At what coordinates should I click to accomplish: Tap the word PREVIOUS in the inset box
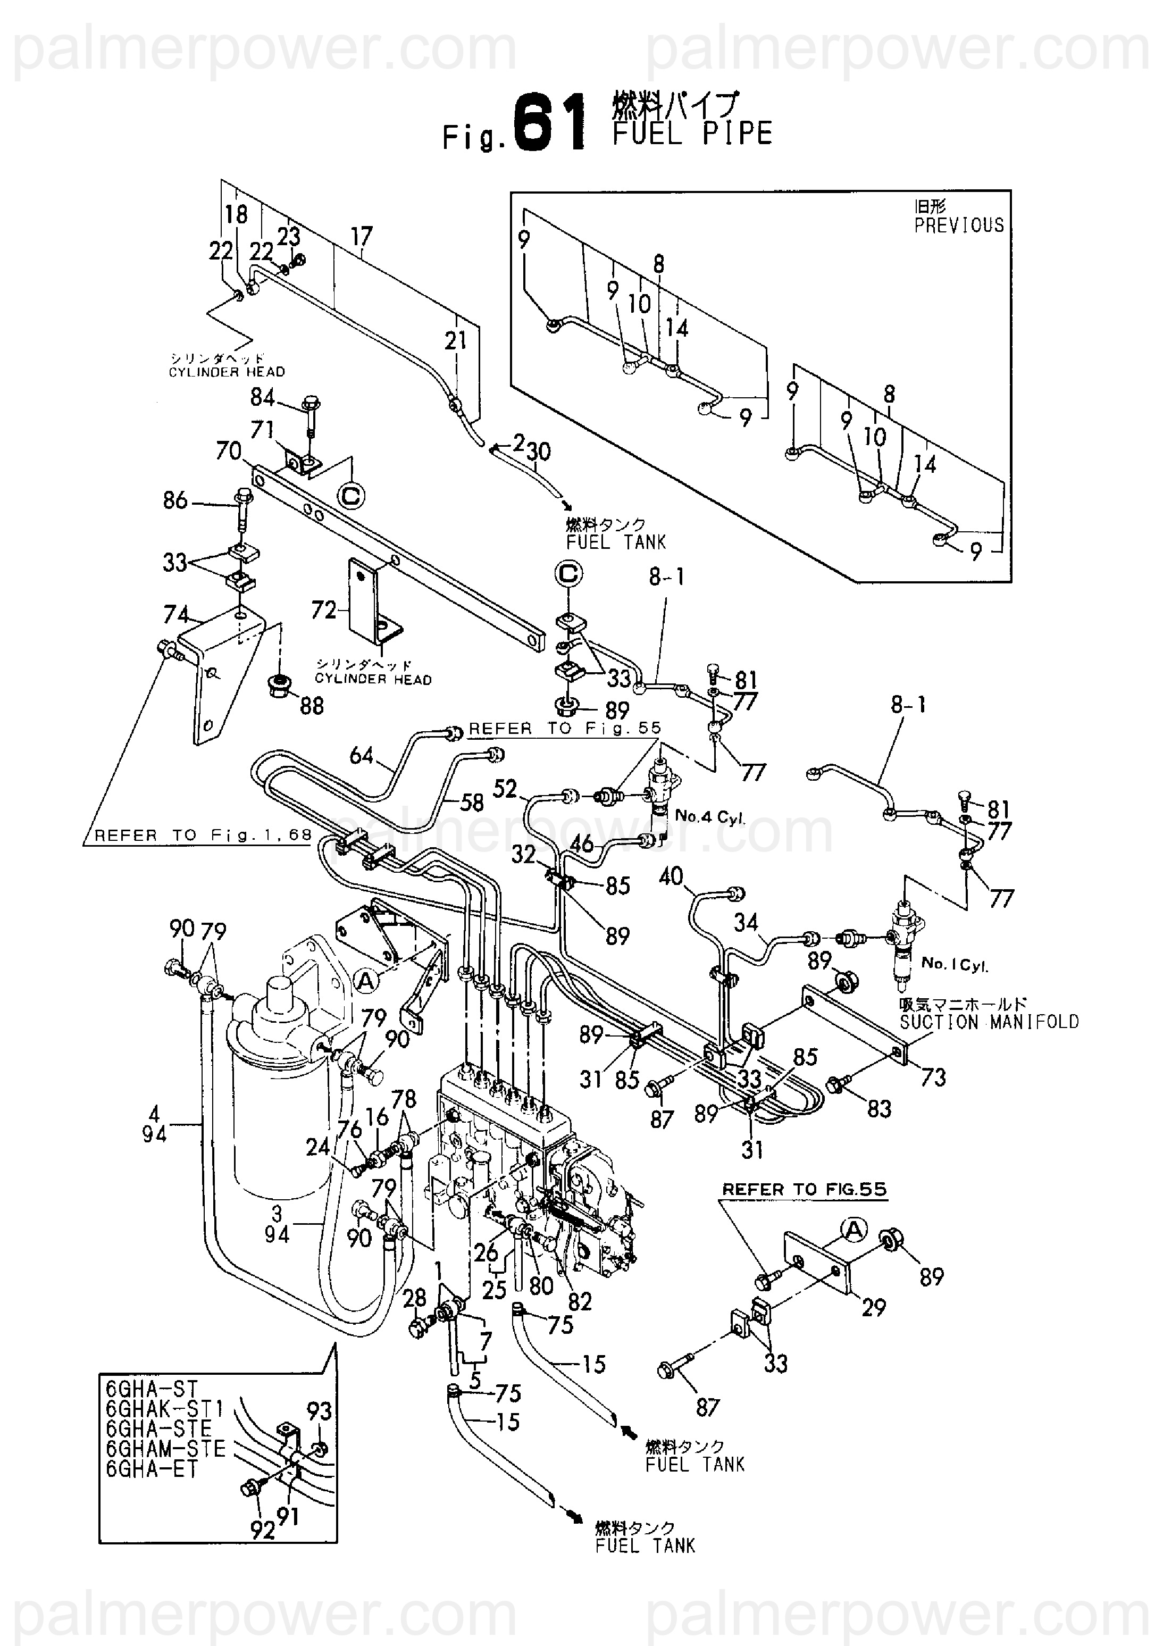pyautogui.click(x=959, y=225)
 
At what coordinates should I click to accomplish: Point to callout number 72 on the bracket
pyautogui.click(x=324, y=610)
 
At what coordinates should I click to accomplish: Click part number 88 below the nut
pyautogui.click(x=312, y=706)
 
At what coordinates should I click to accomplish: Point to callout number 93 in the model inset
pyautogui.click(x=319, y=1411)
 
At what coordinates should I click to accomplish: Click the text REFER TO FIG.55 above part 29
pyautogui.click(x=804, y=1189)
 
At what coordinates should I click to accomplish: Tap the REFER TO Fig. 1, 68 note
pyautogui.click(x=203, y=835)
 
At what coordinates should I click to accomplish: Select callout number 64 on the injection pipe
pyautogui.click(x=362, y=755)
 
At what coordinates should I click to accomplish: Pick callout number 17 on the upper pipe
pyautogui.click(x=362, y=237)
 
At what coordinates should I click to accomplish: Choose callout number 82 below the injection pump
pyautogui.click(x=579, y=1300)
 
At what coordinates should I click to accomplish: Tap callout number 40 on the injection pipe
pyautogui.click(x=671, y=876)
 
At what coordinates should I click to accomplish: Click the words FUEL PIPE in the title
pyautogui.click(x=692, y=134)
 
